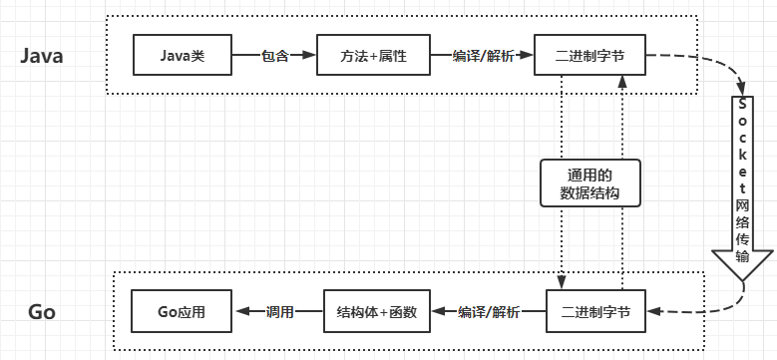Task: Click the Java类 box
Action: [182, 56]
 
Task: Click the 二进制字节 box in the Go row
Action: [595, 311]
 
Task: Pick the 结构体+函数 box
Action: [376, 311]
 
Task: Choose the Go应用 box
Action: [182, 311]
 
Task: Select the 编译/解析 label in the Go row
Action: [489, 312]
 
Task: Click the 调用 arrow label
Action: [280, 312]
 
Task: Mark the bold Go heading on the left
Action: [41, 312]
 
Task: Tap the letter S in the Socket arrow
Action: [743, 105]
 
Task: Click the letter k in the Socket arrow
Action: [743, 153]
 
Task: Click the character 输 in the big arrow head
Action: [743, 256]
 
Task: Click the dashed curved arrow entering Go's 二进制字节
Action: [698, 305]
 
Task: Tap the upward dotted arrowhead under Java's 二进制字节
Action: [621, 85]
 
